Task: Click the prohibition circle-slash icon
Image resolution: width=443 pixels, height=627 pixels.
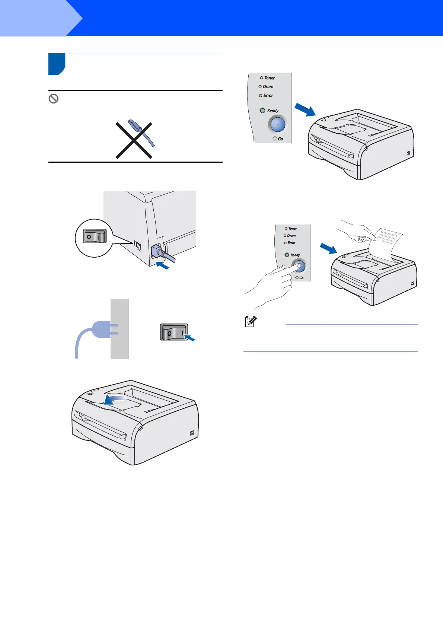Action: [x=54, y=99]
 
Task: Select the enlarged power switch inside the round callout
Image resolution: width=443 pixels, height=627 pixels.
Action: [x=95, y=236]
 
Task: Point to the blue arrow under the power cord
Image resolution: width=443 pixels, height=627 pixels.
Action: [x=162, y=265]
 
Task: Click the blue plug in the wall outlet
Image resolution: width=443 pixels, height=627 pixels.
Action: [x=101, y=330]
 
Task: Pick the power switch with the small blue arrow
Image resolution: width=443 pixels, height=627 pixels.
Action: [x=174, y=332]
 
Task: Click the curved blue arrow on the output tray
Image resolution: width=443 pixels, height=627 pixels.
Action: [x=119, y=400]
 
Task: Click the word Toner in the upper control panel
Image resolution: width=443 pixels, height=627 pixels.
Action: [x=270, y=78]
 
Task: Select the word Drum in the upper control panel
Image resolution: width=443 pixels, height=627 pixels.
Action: [x=268, y=87]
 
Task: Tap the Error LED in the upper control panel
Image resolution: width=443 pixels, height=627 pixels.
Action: [x=261, y=96]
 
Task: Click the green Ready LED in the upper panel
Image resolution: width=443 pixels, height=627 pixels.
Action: [x=262, y=111]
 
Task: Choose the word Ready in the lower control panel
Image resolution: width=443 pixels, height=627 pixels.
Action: [x=295, y=255]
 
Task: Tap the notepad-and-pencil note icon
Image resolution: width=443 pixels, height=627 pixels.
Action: [x=251, y=321]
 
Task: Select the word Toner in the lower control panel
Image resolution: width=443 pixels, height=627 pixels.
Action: [x=293, y=229]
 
